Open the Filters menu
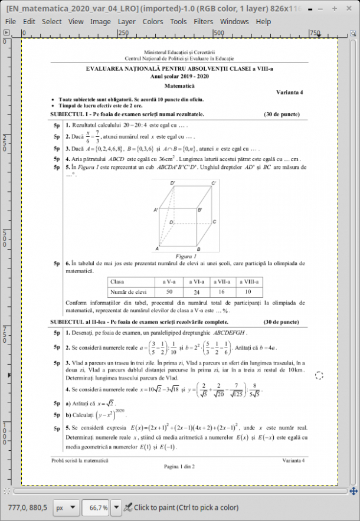point(204,22)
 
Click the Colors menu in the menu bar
point(153,22)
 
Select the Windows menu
point(234,22)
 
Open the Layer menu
point(126,22)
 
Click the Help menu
point(263,22)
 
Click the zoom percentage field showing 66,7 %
point(97,507)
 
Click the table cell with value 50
point(169,291)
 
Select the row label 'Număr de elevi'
point(129,291)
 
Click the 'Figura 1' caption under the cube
point(185,257)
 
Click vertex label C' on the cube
point(214,184)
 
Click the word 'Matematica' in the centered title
point(179,86)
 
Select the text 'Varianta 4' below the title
point(290,93)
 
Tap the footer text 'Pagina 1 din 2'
point(179,466)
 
